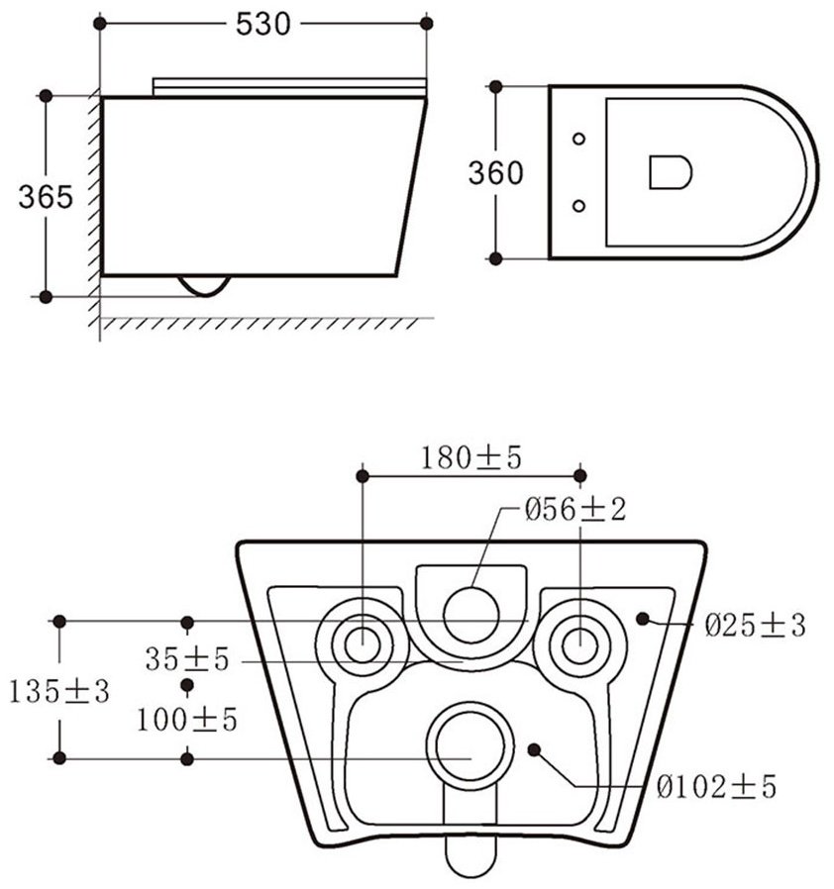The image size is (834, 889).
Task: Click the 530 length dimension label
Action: (x=262, y=25)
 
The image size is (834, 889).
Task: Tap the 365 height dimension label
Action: (x=46, y=197)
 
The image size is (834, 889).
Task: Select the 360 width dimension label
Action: (x=495, y=173)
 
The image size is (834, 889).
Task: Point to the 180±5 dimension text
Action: (x=470, y=458)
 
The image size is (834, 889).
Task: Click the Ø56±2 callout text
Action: (x=574, y=510)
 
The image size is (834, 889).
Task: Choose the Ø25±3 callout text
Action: (x=755, y=626)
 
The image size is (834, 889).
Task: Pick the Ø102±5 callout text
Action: (x=716, y=787)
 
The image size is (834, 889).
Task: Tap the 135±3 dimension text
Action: (x=59, y=692)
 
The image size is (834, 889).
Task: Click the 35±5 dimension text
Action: (x=187, y=659)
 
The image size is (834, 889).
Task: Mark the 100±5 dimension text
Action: (x=187, y=720)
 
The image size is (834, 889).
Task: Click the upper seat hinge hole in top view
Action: (x=578, y=139)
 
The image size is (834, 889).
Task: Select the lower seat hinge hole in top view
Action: (x=578, y=206)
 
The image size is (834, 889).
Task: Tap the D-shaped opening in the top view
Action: (x=671, y=172)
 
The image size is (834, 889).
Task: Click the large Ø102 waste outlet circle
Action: (x=470, y=746)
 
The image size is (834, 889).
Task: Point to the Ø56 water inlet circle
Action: (x=470, y=615)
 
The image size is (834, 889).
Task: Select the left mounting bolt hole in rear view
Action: (x=363, y=645)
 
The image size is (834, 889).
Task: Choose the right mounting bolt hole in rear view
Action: (x=579, y=645)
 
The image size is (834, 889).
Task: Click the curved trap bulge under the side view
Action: (x=205, y=286)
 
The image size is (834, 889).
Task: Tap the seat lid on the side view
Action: (x=289, y=87)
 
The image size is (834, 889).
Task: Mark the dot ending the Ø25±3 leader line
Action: (x=642, y=619)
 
